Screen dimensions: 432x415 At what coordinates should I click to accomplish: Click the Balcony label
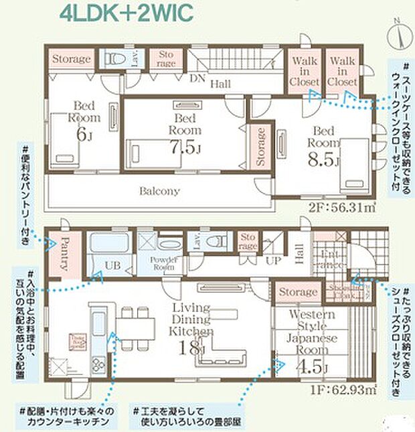159,191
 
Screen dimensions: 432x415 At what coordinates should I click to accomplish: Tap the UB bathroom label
112,266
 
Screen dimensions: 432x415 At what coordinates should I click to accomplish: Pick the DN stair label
197,78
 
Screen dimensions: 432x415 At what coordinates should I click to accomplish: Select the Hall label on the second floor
220,84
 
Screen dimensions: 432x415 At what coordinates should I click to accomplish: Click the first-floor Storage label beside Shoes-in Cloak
298,292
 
